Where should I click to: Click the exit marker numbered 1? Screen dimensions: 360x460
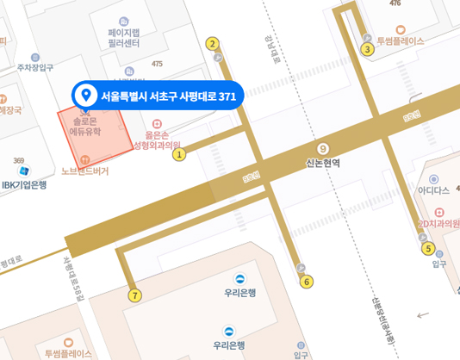coord(179,155)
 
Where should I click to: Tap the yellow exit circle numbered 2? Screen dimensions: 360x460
coord(212,44)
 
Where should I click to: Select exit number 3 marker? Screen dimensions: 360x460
coord(367,49)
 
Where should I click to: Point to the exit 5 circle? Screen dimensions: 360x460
coord(428,249)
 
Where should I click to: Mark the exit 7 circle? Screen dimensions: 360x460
coord(134,295)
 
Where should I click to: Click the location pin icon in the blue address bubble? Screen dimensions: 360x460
coord(85,95)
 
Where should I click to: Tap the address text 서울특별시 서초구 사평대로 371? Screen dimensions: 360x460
coord(168,96)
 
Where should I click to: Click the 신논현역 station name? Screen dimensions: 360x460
coord(323,162)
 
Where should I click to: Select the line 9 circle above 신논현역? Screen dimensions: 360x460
coord(323,147)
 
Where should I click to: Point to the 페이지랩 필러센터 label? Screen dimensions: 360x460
coord(124,37)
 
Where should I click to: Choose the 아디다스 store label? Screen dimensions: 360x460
coord(433,190)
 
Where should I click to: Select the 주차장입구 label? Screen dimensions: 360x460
coord(35,67)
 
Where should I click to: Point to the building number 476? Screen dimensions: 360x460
coord(395,3)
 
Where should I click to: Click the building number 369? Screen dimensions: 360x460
coord(19,161)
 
